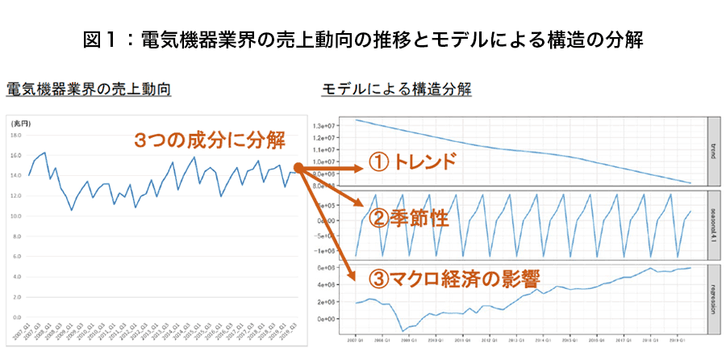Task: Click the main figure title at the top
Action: [363, 39]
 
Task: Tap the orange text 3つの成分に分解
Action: [210, 140]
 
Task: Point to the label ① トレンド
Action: [413, 162]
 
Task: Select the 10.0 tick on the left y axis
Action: [16, 216]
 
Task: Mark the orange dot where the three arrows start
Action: [297, 168]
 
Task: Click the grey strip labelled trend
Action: [713, 150]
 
